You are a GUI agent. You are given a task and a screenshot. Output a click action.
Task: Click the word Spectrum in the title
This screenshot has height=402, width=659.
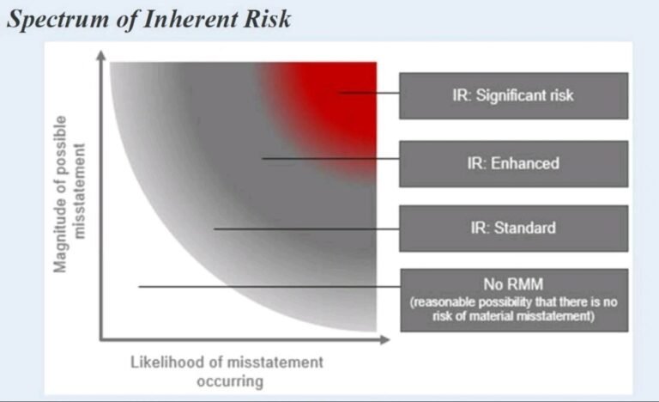coord(57,20)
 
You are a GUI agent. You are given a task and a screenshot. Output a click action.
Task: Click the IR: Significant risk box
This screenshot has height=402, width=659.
coord(514,95)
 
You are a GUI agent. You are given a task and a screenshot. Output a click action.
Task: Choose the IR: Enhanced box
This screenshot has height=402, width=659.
coord(514,164)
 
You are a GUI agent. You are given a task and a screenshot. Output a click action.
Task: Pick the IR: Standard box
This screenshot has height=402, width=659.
coord(514,228)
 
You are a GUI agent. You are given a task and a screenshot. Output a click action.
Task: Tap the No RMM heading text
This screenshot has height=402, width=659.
coord(513,284)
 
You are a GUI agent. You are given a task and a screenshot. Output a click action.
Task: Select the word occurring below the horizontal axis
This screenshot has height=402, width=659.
coord(230,381)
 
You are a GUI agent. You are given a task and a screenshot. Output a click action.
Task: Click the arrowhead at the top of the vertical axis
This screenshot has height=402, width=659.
coord(101,55)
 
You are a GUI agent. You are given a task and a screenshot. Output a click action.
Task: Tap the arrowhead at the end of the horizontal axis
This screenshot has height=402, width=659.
coord(384,339)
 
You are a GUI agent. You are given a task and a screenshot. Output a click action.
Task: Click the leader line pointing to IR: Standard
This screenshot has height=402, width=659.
coord(307,229)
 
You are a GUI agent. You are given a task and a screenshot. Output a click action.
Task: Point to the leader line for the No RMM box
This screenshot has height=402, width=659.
coord(269,287)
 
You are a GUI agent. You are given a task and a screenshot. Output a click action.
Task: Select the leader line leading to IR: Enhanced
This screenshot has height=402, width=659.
coord(330,159)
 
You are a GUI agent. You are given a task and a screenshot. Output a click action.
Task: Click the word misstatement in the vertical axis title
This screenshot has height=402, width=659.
coord(79,192)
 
